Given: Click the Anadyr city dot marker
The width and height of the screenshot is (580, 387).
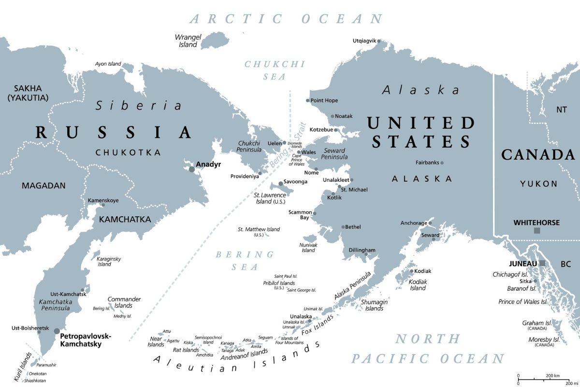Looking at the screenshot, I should click(x=192, y=169).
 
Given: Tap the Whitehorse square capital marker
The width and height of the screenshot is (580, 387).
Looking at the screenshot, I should click(x=536, y=231).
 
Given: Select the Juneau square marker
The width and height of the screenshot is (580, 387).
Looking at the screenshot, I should click(x=542, y=263).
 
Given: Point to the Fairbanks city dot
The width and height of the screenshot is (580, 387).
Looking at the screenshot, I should click(x=442, y=163).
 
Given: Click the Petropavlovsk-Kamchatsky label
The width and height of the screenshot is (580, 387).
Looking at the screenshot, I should click(x=86, y=340).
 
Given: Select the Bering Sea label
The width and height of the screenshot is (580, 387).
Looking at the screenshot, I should click(x=245, y=260).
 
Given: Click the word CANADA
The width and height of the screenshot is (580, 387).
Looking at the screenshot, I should click(x=538, y=155).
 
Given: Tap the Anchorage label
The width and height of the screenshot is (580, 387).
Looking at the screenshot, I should click(x=414, y=223).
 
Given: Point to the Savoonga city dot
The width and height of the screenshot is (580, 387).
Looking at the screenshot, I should click(x=281, y=184).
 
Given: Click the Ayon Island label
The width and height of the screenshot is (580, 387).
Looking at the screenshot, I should click(x=108, y=64).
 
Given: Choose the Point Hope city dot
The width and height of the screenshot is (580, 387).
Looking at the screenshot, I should click(x=307, y=101).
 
